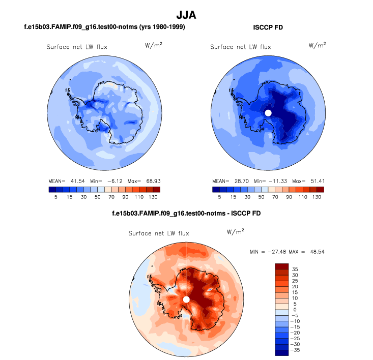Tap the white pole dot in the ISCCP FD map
tap(268, 112)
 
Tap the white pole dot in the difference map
tap(186, 299)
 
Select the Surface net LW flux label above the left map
tap(77, 47)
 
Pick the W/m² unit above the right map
tap(317, 46)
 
